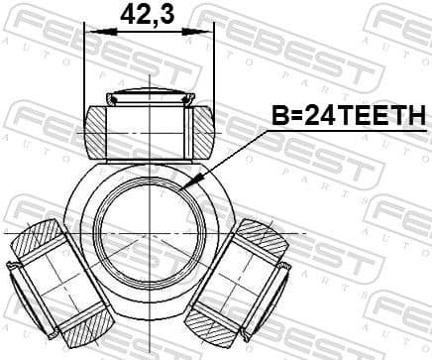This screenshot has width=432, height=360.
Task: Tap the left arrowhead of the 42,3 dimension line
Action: click(90, 32)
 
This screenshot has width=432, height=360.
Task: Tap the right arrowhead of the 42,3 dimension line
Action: click(209, 32)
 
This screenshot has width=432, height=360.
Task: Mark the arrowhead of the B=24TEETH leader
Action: click(198, 183)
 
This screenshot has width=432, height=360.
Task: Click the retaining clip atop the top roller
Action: click(149, 96)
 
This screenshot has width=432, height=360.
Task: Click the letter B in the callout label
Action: click(278, 117)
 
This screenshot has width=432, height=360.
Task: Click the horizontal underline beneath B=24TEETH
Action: click(347, 130)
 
